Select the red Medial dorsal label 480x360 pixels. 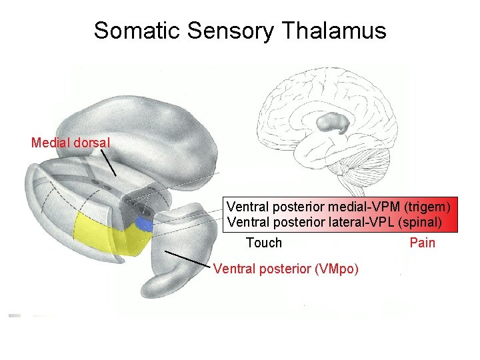tap(71, 142)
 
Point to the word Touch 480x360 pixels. tap(264, 243)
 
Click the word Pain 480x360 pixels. tap(422, 243)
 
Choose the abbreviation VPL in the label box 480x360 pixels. tap(379, 222)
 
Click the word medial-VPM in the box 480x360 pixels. tap(368, 207)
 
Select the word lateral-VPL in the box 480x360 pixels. tap(363, 222)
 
